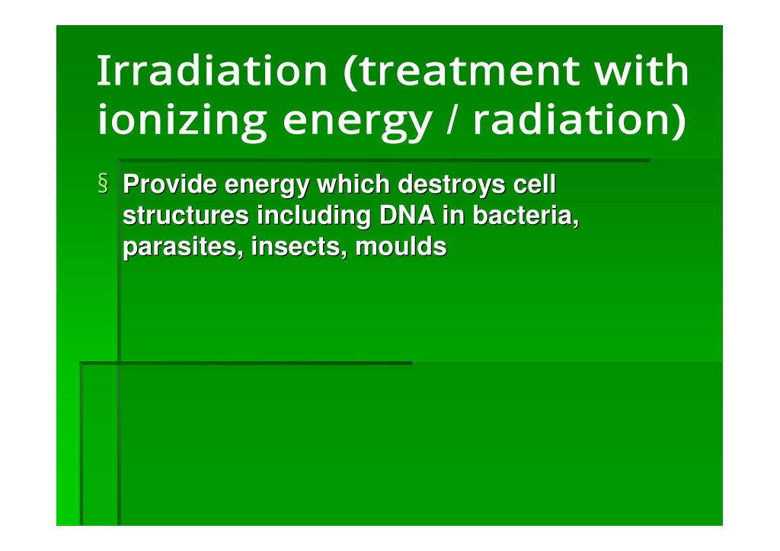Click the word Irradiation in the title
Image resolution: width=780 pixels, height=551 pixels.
tap(212, 71)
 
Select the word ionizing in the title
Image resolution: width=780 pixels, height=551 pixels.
tap(182, 121)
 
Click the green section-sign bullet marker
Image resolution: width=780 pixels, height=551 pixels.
tap(103, 183)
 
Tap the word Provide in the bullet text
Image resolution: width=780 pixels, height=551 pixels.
tap(170, 184)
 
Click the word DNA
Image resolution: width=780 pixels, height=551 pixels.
tap(407, 216)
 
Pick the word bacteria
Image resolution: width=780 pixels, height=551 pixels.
tap(526, 216)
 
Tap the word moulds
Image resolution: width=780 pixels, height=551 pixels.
tap(401, 247)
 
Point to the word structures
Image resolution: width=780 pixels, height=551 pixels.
tap(186, 216)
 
